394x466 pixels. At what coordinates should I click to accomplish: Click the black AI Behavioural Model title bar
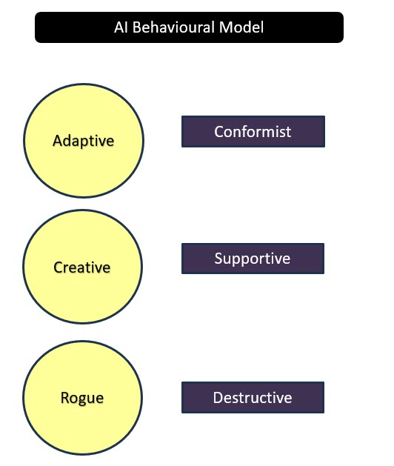coord(189,27)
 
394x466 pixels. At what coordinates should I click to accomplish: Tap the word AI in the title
coord(121,27)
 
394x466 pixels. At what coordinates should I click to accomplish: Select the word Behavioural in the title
coord(173,27)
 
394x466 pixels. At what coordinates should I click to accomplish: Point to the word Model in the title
coord(241,27)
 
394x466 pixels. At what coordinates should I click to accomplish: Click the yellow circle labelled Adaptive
coord(84,141)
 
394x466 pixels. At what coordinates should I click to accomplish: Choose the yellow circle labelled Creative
coord(82,267)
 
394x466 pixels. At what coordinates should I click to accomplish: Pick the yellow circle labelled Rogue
coord(82,398)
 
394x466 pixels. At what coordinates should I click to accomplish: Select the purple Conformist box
coord(253,131)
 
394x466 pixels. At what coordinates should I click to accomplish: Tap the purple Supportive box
coord(253,259)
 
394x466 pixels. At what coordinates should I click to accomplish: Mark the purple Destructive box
coord(253,397)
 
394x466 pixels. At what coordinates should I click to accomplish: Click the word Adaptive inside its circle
coord(83,141)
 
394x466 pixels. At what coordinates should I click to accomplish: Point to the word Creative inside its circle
coord(82,267)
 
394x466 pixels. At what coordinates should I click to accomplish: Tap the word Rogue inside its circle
coord(82,399)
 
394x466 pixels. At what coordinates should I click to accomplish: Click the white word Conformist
coord(253,132)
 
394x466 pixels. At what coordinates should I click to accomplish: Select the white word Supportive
coord(253,259)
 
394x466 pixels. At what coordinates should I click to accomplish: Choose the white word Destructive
coord(253,398)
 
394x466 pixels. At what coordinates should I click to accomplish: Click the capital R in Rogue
coord(64,397)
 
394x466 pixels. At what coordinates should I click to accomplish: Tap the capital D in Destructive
coord(218,398)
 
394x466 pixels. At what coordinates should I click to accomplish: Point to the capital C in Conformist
coord(218,132)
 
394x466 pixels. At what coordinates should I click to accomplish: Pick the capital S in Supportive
coord(218,259)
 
